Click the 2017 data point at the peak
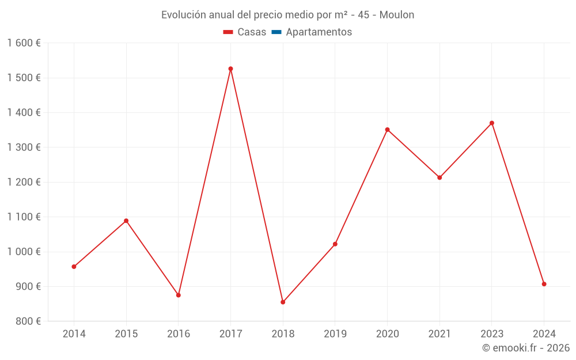pyautogui.click(x=230, y=69)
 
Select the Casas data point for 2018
pyautogui.click(x=283, y=302)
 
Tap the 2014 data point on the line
pyautogui.click(x=74, y=267)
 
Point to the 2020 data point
pyautogui.click(x=387, y=130)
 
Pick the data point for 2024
pyautogui.click(x=544, y=284)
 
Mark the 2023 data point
pyautogui.click(x=491, y=123)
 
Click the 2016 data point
pyautogui.click(x=179, y=295)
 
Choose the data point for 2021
pyautogui.click(x=439, y=177)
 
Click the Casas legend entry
pyautogui.click(x=245, y=32)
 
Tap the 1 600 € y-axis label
pyautogui.click(x=24, y=43)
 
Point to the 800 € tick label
pyautogui.click(x=27, y=321)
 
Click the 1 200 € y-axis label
pyautogui.click(x=24, y=182)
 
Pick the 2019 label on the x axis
pyautogui.click(x=335, y=334)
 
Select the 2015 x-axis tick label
pyautogui.click(x=126, y=334)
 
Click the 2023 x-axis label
pyautogui.click(x=491, y=334)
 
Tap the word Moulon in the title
pyautogui.click(x=397, y=15)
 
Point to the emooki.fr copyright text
pyautogui.click(x=526, y=348)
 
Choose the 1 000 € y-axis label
pyautogui.click(x=24, y=252)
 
